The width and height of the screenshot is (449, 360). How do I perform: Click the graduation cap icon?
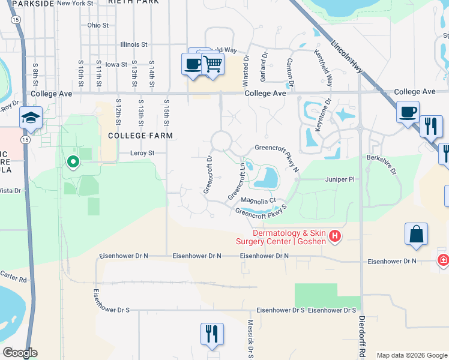[30, 118]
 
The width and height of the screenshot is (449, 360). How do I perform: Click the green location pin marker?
[73, 161]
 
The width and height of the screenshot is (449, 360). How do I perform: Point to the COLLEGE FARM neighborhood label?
[140, 136]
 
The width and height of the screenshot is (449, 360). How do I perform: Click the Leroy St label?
[142, 153]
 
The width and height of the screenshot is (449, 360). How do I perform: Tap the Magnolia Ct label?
[258, 201]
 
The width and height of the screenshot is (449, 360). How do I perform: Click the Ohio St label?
[98, 25]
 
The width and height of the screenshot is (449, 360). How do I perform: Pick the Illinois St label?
[133, 44]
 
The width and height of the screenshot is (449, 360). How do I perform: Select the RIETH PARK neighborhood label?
[133, 2]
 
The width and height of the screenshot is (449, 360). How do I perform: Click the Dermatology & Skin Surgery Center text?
[280, 237]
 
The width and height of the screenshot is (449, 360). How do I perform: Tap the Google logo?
[20, 353]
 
